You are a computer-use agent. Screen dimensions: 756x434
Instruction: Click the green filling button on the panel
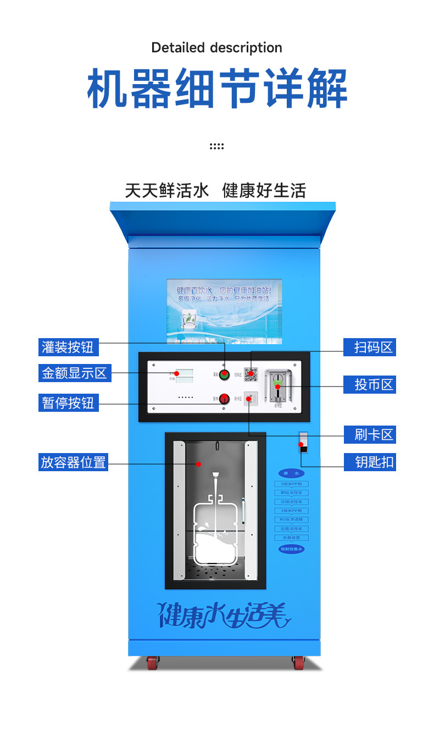click(224, 375)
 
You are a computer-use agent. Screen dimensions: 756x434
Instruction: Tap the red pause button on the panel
click(224, 399)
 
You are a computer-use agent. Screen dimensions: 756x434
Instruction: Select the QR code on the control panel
click(251, 374)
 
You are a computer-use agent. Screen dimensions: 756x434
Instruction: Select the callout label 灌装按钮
click(68, 347)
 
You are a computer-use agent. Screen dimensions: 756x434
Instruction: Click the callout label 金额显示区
click(75, 373)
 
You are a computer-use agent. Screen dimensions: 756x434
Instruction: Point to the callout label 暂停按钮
click(68, 402)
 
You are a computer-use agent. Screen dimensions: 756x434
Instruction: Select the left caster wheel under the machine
click(152, 663)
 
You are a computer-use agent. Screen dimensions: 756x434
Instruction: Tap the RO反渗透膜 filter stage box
click(291, 520)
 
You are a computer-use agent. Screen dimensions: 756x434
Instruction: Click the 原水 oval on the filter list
click(291, 473)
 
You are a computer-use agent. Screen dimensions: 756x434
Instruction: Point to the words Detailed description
click(216, 48)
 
